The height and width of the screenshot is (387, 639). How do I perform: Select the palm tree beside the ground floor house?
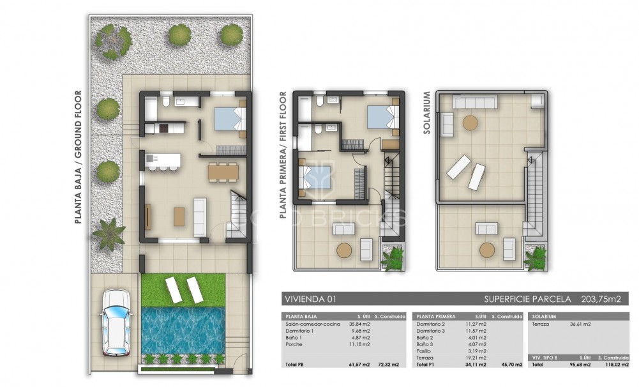(108, 233)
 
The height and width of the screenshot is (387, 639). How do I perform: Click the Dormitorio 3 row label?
(431, 331)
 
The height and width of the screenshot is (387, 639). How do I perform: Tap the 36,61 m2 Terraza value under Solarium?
(581, 324)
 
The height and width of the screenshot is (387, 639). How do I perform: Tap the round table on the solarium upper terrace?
(470, 123)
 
